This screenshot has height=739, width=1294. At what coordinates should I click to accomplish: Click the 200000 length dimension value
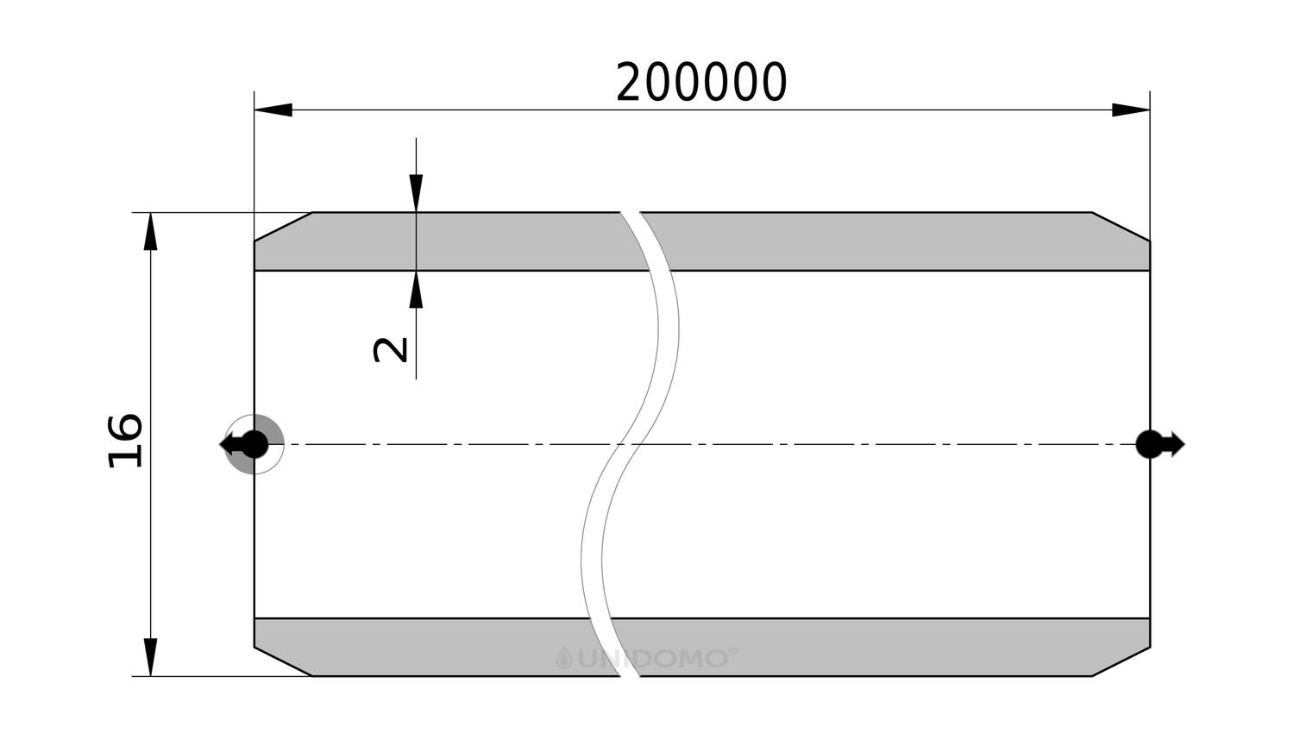701,83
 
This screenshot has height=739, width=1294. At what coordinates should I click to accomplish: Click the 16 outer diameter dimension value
125,441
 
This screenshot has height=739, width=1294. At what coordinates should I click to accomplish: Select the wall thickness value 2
391,350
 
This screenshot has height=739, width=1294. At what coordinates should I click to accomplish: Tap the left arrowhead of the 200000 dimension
273,110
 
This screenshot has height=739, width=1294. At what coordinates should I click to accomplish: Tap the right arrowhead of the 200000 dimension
1130,110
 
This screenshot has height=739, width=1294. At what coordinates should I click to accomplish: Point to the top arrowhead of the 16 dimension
150,231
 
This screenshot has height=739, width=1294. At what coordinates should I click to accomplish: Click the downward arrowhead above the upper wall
416,193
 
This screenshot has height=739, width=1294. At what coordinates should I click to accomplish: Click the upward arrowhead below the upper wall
416,289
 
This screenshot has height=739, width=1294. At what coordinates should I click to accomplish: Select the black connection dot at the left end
254,445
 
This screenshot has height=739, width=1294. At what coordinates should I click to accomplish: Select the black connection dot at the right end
1149,445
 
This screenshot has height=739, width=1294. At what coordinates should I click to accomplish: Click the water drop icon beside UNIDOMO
564,658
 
